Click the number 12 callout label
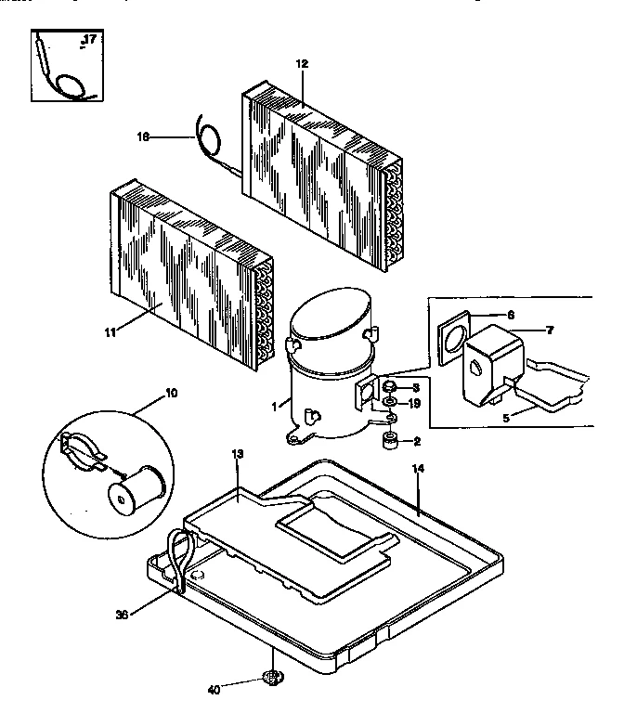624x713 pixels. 301,64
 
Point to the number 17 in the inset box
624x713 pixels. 89,38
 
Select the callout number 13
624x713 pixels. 238,453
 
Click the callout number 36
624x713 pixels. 122,613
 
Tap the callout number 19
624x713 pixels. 415,403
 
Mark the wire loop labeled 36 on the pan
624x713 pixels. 178,557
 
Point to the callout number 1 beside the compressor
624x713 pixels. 276,405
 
